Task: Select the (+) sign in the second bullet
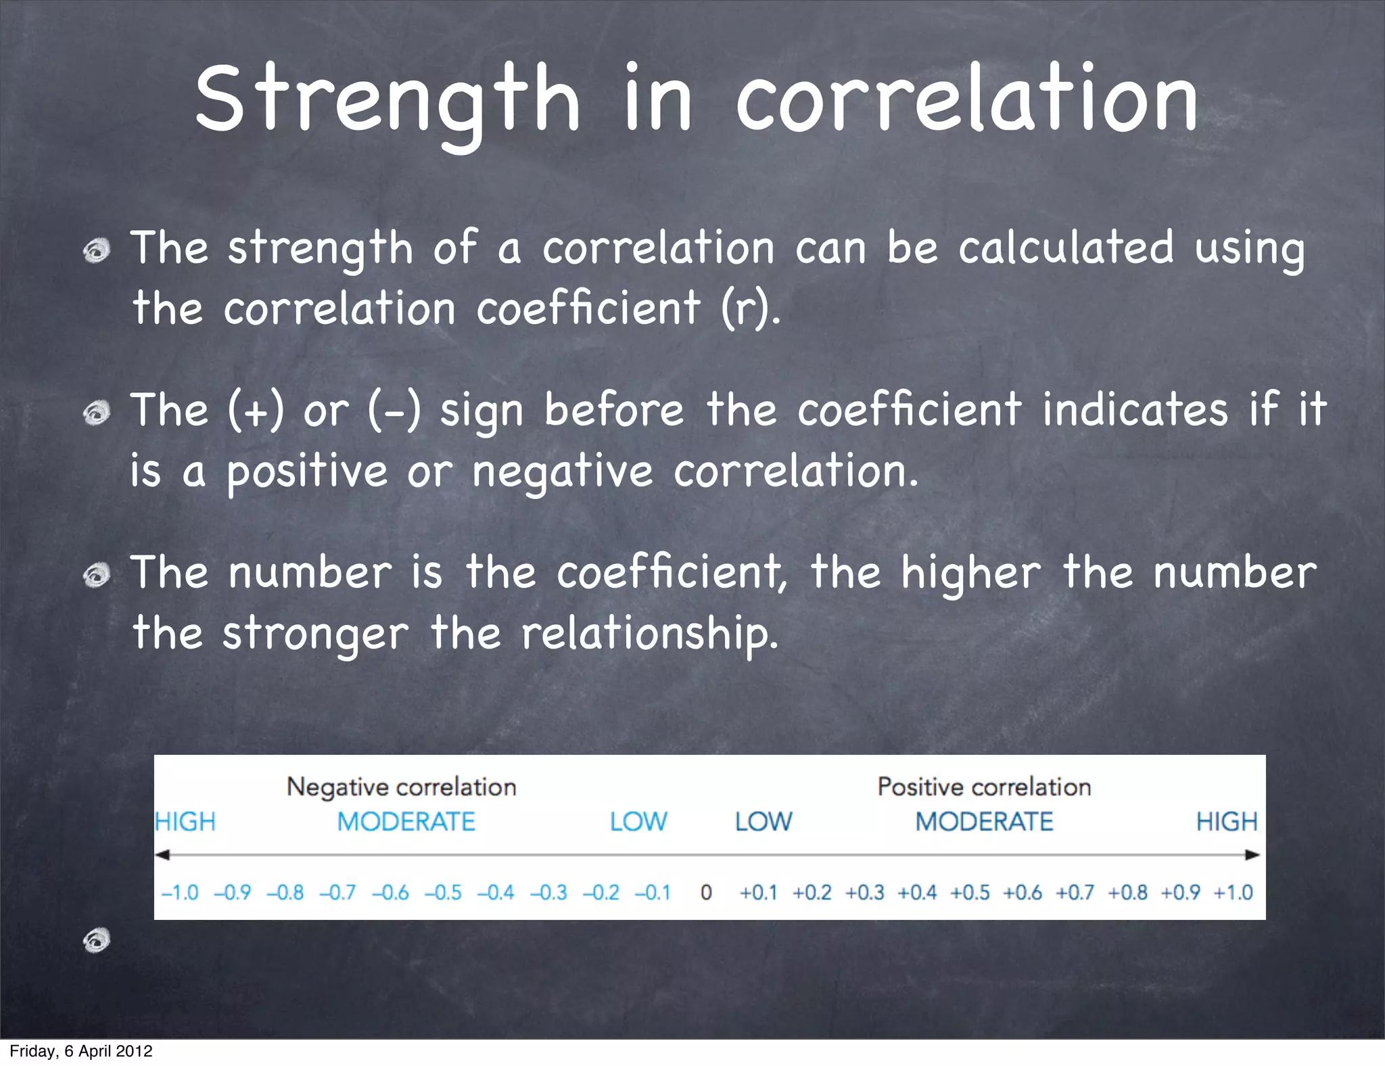(256, 411)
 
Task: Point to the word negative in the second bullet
(562, 471)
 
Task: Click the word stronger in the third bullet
(315, 634)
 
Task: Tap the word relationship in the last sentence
(649, 634)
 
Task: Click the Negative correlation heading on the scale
(401, 787)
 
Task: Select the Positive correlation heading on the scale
(984, 787)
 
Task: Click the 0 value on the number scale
(706, 893)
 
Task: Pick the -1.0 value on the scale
(180, 893)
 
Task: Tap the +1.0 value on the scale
(1234, 893)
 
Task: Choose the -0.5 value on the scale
(443, 893)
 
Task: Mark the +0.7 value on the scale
(1075, 893)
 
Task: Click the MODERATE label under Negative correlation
(406, 822)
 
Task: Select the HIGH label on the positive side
(1227, 822)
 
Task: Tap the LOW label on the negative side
(638, 822)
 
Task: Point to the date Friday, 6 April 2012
(81, 1051)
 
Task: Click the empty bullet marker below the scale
(97, 940)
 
